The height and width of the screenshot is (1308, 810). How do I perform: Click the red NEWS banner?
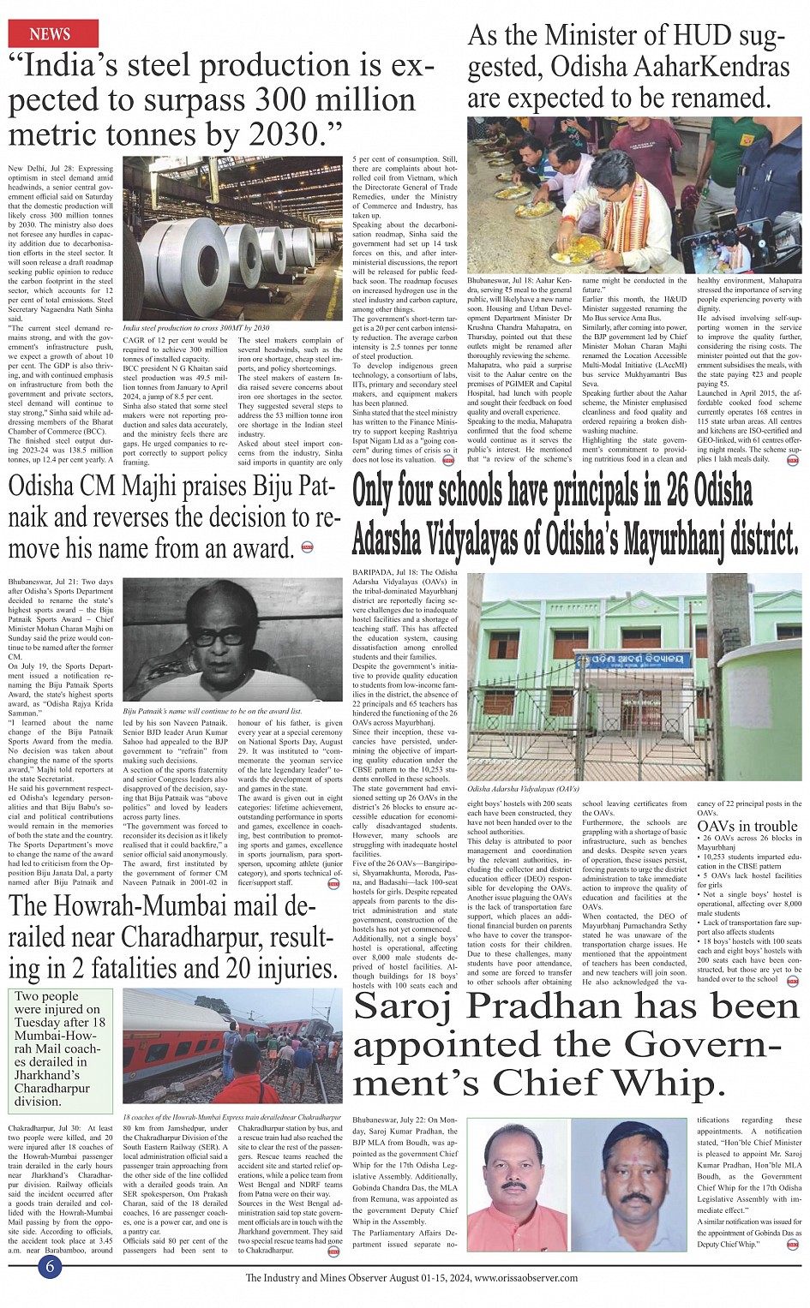tap(51, 33)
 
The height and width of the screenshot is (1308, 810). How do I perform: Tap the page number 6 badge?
tap(52, 1266)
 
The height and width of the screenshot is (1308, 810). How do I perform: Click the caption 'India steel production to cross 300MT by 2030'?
tap(196, 327)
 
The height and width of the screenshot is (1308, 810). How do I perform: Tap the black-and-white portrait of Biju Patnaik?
tap(232, 641)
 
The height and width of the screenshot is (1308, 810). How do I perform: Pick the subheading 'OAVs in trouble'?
tap(747, 826)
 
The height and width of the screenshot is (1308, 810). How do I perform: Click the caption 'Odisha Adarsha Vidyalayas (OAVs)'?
tap(524, 787)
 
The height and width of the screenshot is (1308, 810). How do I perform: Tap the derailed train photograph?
tap(232, 1046)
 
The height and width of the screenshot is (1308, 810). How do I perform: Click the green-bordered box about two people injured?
tap(61, 1048)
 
